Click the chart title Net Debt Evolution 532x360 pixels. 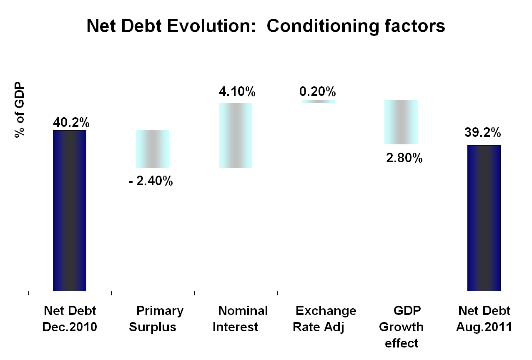(x=266, y=26)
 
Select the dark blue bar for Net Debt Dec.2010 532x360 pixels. (x=70, y=210)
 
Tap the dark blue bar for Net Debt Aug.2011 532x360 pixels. (x=484, y=218)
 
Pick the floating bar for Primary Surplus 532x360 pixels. (x=153, y=149)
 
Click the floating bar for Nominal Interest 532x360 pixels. (x=236, y=136)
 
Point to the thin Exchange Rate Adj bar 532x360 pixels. (x=318, y=101)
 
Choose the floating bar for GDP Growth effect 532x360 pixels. (x=401, y=122)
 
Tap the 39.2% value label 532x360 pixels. (x=483, y=133)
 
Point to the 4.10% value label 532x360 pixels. (x=237, y=91)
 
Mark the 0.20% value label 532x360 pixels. (x=317, y=91)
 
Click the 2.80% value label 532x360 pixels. (x=404, y=159)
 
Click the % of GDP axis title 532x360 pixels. (x=19, y=109)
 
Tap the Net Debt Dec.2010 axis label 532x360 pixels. (x=70, y=319)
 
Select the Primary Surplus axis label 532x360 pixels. (x=155, y=319)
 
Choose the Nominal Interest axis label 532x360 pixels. (x=240, y=319)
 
